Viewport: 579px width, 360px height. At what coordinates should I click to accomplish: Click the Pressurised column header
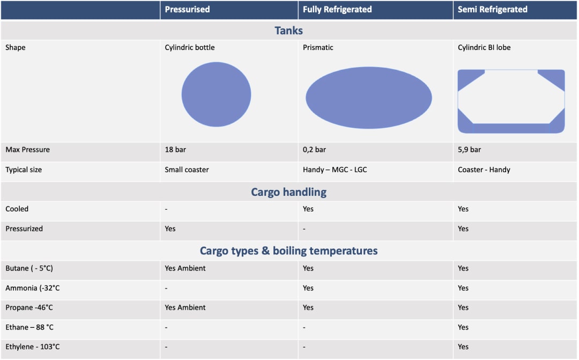tap(187, 10)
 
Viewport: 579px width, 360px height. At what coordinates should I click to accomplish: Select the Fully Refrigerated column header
tap(337, 10)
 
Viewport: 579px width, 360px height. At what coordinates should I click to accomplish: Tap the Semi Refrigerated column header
tap(492, 10)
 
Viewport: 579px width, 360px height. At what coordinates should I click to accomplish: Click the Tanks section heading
tap(289, 31)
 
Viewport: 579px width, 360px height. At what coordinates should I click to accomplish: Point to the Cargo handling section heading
tap(288, 192)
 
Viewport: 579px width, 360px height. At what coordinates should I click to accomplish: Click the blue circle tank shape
tap(216, 94)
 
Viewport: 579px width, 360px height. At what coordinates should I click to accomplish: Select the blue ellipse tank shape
tap(369, 98)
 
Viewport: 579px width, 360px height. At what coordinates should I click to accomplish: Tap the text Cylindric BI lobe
tap(484, 48)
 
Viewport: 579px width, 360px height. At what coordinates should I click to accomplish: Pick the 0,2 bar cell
tap(314, 150)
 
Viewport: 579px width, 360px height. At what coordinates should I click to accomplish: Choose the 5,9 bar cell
tap(469, 150)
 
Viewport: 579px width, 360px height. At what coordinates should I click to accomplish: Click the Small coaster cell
tap(187, 170)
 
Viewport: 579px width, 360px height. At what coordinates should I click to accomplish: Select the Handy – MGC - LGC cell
tap(335, 170)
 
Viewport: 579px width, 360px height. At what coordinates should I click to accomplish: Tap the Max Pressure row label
tap(27, 150)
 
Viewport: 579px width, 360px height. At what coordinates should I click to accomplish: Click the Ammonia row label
tap(32, 288)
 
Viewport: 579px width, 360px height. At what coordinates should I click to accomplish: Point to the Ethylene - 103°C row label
tap(33, 347)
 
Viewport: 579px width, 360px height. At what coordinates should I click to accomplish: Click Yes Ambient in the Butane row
tap(185, 268)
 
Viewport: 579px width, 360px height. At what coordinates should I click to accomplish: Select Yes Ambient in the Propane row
tap(185, 307)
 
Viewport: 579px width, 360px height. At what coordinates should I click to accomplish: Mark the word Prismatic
tap(318, 48)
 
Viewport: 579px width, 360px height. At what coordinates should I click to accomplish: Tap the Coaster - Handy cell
tap(484, 170)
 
